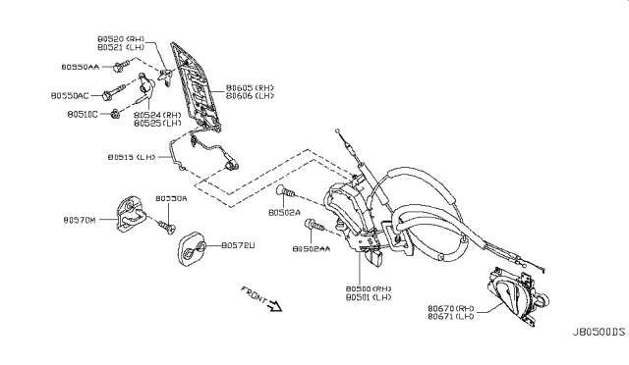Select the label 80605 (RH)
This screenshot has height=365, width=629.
tap(251, 87)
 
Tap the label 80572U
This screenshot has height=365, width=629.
tap(237, 245)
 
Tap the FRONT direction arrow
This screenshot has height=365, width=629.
tap(263, 299)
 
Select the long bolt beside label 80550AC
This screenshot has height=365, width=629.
tap(113, 96)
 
